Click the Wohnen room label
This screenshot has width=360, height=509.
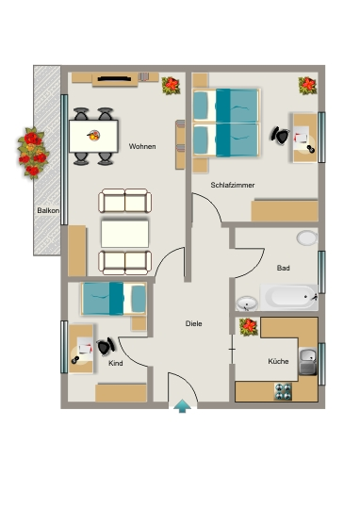(142, 146)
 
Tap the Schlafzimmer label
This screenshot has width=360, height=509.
(233, 185)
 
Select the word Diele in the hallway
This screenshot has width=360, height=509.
(194, 323)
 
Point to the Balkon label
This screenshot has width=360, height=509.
(48, 210)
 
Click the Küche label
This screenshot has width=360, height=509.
(278, 361)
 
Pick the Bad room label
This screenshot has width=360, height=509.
(283, 268)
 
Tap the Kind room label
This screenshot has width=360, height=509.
(116, 363)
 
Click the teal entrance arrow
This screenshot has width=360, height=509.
(183, 405)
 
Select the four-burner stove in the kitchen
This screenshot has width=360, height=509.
(283, 391)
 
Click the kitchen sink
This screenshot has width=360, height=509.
(308, 361)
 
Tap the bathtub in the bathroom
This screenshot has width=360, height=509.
(289, 297)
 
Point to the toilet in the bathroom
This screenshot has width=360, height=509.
(307, 238)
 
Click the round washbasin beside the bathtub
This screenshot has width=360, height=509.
(247, 304)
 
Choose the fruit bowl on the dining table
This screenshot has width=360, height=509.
(93, 135)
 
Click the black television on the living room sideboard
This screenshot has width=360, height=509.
(114, 78)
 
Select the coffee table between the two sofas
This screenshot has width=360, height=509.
(125, 234)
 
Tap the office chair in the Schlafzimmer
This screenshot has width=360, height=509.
(280, 136)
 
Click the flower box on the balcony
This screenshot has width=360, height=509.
(32, 153)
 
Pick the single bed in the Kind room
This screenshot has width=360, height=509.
(114, 299)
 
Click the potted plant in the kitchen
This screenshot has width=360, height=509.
(249, 326)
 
